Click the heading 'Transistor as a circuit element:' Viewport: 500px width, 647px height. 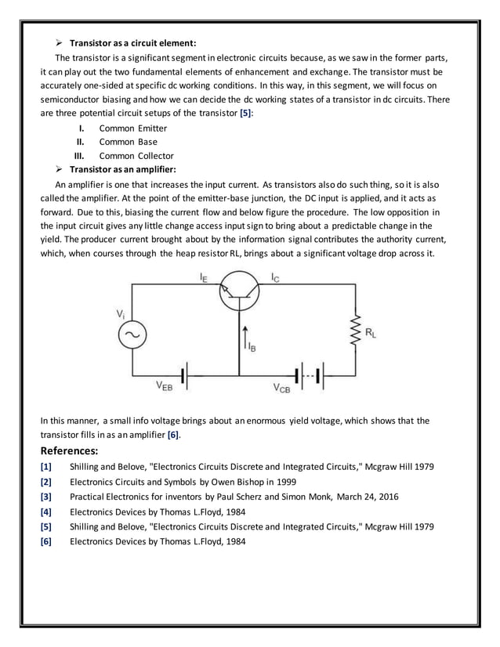point(132,42)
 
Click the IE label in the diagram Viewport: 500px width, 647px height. point(203,276)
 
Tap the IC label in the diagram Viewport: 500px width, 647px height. point(275,277)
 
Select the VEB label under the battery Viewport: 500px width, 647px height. point(165,385)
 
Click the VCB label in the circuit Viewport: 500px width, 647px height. point(281,387)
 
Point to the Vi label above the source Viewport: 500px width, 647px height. point(121,313)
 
